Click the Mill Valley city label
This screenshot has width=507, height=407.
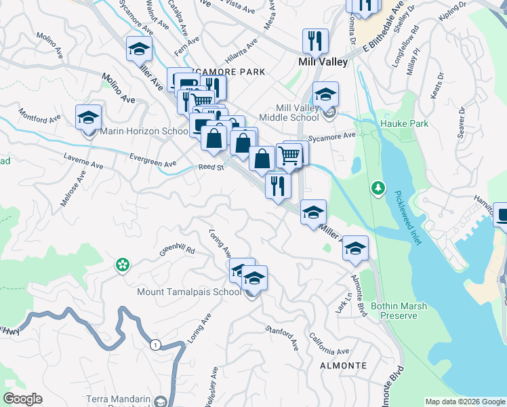[323, 62]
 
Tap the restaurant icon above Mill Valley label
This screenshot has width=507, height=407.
[315, 41]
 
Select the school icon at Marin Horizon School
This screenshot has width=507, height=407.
[88, 118]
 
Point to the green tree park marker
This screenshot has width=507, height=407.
[378, 187]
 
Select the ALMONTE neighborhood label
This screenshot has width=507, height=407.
[343, 366]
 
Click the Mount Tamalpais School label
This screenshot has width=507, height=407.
[189, 292]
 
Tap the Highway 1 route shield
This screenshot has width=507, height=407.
[155, 345]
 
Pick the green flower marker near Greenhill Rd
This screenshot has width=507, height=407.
[122, 265]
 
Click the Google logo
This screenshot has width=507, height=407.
[22, 399]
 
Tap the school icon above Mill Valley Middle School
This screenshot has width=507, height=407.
[325, 94]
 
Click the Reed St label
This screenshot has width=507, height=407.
[210, 168]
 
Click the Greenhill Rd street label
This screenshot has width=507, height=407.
[176, 250]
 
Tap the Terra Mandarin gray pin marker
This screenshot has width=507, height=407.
[159, 402]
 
